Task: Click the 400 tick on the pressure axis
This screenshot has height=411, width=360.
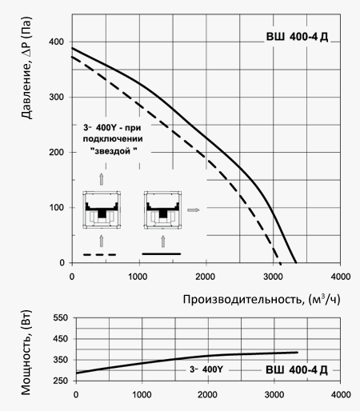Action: (x=56, y=42)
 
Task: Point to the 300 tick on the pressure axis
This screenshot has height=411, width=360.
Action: (x=56, y=97)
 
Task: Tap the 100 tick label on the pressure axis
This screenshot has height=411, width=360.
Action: (x=56, y=207)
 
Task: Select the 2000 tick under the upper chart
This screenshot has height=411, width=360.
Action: (x=205, y=277)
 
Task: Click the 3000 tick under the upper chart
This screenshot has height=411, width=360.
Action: (x=273, y=277)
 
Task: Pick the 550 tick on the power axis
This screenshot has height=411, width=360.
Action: (x=61, y=317)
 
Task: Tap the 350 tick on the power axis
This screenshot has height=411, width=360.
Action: (x=61, y=360)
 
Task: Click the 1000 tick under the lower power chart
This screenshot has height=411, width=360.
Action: (x=142, y=394)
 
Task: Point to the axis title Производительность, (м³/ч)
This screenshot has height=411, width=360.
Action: (x=262, y=299)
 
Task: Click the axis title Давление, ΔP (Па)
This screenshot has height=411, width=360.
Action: (x=26, y=68)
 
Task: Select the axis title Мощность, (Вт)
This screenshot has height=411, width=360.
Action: (x=26, y=353)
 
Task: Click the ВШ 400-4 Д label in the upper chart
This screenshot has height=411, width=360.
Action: (x=297, y=37)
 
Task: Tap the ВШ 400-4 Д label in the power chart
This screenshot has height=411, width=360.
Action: (x=297, y=370)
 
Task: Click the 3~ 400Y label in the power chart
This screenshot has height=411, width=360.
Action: (x=206, y=369)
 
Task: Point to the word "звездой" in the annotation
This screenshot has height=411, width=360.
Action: (x=114, y=151)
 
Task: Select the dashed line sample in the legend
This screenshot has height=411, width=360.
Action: (x=100, y=255)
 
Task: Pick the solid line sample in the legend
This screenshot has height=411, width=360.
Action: (x=162, y=254)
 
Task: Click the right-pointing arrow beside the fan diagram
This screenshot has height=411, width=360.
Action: (x=194, y=210)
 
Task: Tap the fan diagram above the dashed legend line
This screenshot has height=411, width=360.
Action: (x=102, y=209)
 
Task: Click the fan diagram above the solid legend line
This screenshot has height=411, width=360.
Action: (x=162, y=209)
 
